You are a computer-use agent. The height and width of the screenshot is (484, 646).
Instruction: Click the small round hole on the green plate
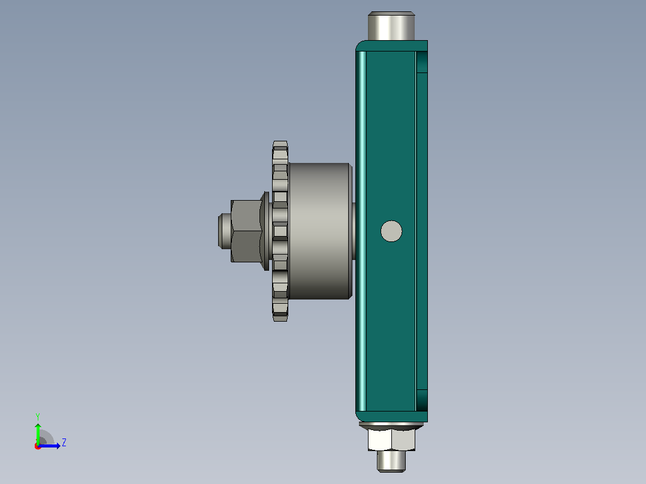click(x=391, y=231)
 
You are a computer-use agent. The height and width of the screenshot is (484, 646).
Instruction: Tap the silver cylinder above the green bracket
click(x=391, y=26)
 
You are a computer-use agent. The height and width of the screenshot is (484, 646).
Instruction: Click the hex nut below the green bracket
click(x=391, y=439)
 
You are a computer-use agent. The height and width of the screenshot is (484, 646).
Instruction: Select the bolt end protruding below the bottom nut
click(x=391, y=461)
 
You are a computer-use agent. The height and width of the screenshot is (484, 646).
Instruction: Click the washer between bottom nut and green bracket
click(x=391, y=425)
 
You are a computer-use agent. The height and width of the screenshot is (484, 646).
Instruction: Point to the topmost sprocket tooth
click(x=280, y=145)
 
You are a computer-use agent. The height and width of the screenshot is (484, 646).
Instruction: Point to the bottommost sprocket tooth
click(x=280, y=317)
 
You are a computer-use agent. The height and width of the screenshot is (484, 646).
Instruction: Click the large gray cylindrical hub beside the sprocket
click(x=320, y=231)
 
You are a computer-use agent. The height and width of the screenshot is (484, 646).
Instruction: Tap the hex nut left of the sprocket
click(x=246, y=231)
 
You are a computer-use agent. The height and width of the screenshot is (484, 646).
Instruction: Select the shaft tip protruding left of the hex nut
click(x=225, y=231)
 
